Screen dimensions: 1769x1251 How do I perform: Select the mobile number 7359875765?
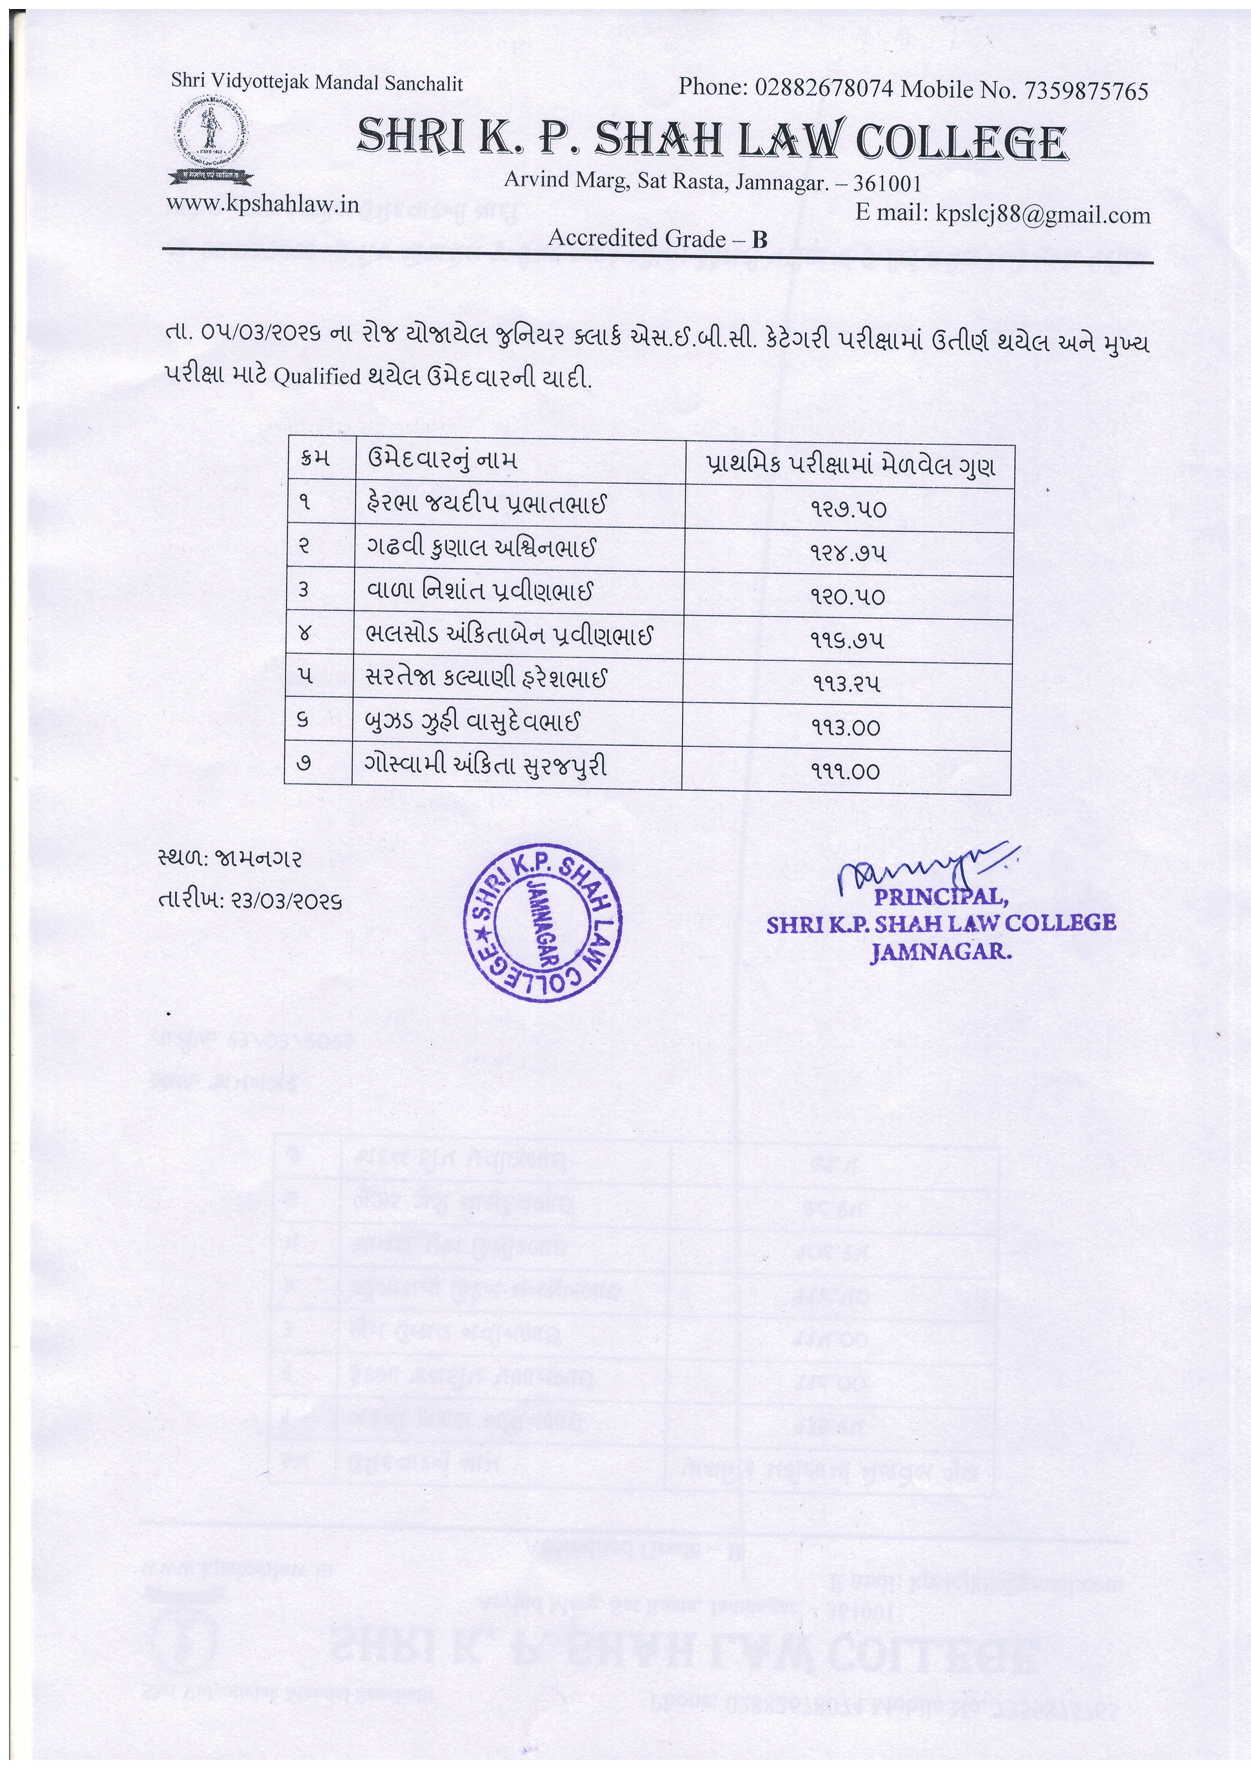[x=1085, y=91]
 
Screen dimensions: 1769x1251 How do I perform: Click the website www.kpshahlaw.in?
[x=263, y=204]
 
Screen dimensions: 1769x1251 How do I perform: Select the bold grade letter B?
[x=760, y=240]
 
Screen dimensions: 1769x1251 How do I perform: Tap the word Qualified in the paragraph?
[x=317, y=377]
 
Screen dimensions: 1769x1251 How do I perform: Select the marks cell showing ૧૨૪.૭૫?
[x=848, y=553]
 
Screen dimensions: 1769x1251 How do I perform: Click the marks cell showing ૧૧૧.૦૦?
[x=845, y=771]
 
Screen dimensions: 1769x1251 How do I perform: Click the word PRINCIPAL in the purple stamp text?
[x=940, y=898]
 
